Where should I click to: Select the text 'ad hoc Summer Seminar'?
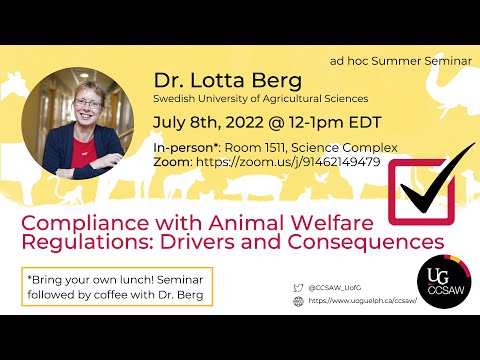pyautogui.click(x=400, y=60)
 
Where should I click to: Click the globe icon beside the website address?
pyautogui.click(x=299, y=300)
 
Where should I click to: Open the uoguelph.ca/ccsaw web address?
pyautogui.click(x=360, y=300)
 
